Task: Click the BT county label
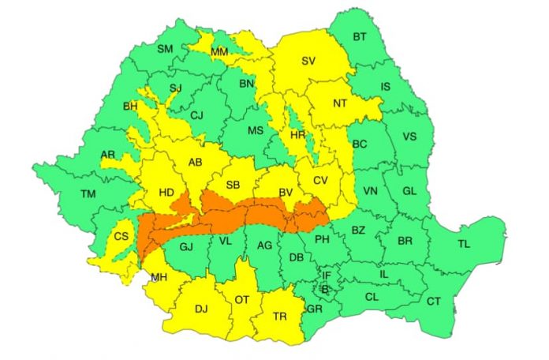click(x=360, y=37)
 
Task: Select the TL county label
click(x=463, y=244)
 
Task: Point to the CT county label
click(x=434, y=301)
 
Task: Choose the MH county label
click(x=159, y=276)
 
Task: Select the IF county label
click(x=327, y=275)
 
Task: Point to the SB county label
click(x=233, y=185)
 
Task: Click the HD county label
click(x=167, y=191)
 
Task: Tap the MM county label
click(x=219, y=52)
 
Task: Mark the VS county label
click(x=409, y=136)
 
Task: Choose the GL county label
click(x=409, y=192)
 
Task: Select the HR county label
click(x=298, y=135)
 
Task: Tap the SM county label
click(x=165, y=49)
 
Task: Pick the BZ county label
click(x=358, y=231)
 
